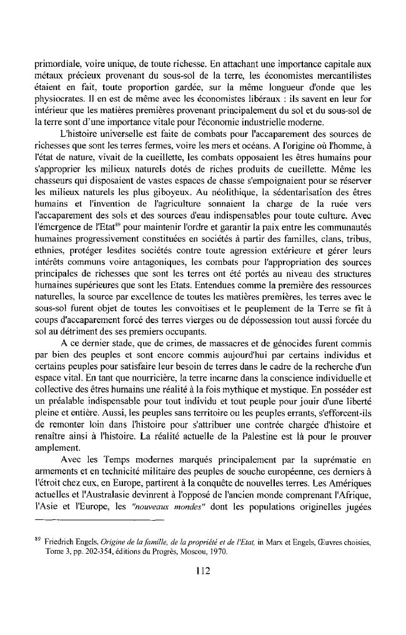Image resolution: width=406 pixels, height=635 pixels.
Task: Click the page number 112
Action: point(203,570)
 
